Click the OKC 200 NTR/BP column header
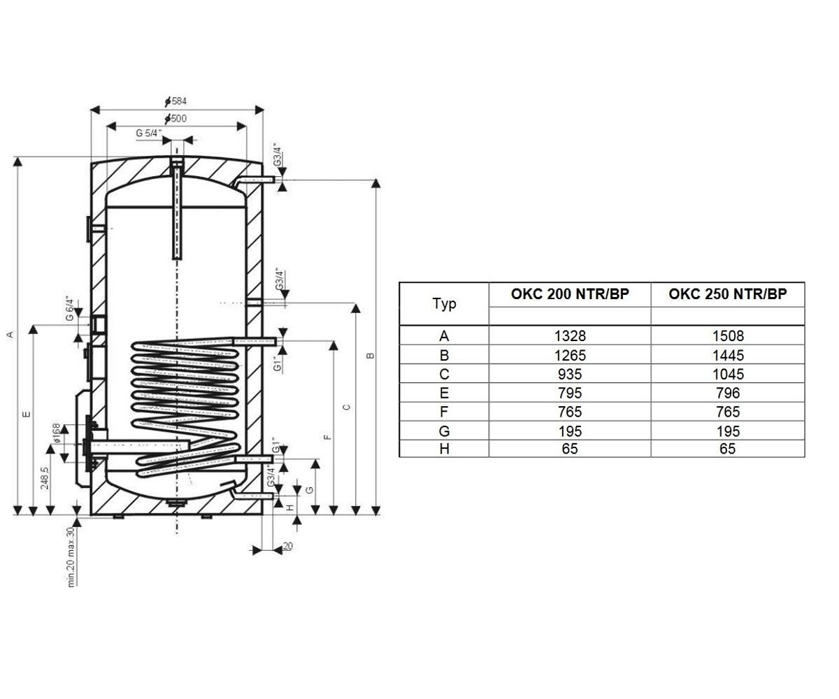pos(569,294)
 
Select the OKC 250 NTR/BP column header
pos(727,294)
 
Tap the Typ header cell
pos(444,303)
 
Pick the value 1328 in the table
pos(570,336)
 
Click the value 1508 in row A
pos(728,336)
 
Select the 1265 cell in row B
pos(570,355)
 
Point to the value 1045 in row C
pos(728,374)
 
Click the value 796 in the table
pos(728,393)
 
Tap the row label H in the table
pos(444,449)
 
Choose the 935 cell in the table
pos(570,374)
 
